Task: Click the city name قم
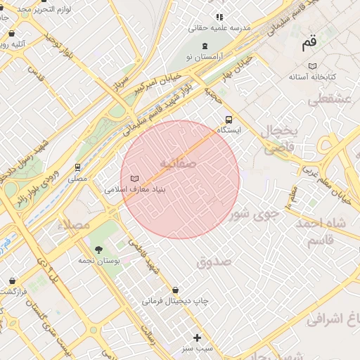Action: pos(309,43)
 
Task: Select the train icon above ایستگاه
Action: pos(229,120)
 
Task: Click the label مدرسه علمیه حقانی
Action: pos(219,28)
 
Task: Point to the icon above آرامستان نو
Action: pos(205,45)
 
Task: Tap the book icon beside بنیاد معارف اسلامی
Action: pos(135,179)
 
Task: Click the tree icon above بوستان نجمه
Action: pos(98,250)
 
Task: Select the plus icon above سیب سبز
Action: pos(197,337)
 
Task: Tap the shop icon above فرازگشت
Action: pos(12,281)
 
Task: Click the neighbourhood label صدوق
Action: pos(214,262)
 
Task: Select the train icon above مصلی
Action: pos(77,168)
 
